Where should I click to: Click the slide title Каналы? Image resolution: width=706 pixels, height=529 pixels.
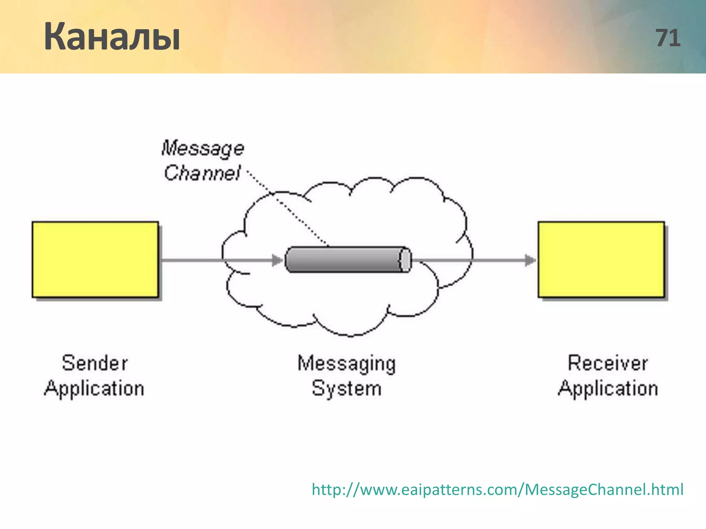click(x=112, y=37)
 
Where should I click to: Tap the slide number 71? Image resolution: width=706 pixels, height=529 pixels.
click(x=668, y=38)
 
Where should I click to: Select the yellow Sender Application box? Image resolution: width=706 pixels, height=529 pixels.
click(x=95, y=259)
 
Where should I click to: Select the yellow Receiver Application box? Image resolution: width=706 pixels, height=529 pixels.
click(x=601, y=259)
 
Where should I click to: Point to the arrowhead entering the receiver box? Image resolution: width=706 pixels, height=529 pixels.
click(x=530, y=260)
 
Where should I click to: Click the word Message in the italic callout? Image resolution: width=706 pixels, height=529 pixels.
click(x=203, y=149)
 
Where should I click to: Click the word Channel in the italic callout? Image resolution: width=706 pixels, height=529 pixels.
click(x=202, y=173)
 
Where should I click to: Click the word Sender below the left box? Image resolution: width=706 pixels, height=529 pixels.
click(x=95, y=363)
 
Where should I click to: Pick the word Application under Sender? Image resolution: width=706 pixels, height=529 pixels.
click(x=94, y=388)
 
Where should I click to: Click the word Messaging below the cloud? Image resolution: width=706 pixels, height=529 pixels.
click(x=347, y=364)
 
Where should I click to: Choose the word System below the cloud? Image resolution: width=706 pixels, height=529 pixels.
click(x=347, y=388)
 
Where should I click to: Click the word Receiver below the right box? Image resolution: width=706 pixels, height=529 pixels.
click(x=608, y=363)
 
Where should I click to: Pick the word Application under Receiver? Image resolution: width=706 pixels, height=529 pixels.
click(x=608, y=388)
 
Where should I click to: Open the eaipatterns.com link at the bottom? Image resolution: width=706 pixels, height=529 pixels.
click(x=497, y=489)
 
